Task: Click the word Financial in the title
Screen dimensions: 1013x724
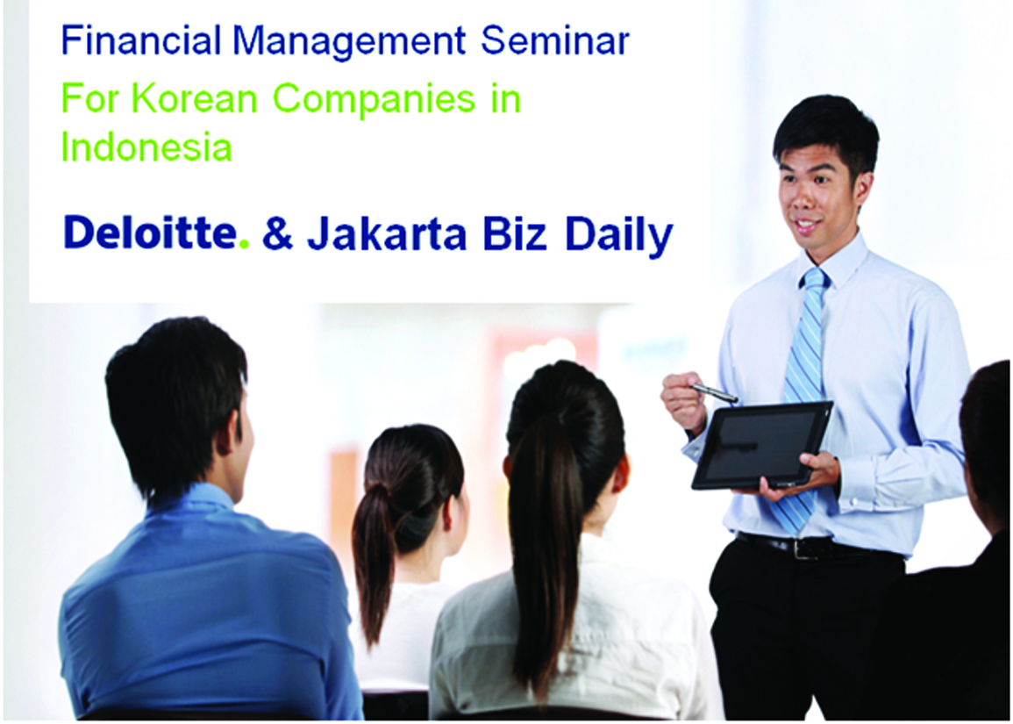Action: (x=141, y=40)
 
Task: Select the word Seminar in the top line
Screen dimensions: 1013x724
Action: (x=555, y=40)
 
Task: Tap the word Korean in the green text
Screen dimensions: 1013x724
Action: (x=195, y=99)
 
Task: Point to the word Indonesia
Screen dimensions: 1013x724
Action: (x=146, y=147)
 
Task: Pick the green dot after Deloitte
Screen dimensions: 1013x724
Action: (x=244, y=244)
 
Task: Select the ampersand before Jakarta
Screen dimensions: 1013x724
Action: (x=278, y=233)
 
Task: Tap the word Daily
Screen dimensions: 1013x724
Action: (x=619, y=236)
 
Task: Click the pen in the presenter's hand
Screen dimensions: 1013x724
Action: (x=714, y=391)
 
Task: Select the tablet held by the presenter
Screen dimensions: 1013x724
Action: (x=762, y=445)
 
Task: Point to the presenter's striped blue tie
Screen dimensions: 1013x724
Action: (x=802, y=401)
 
